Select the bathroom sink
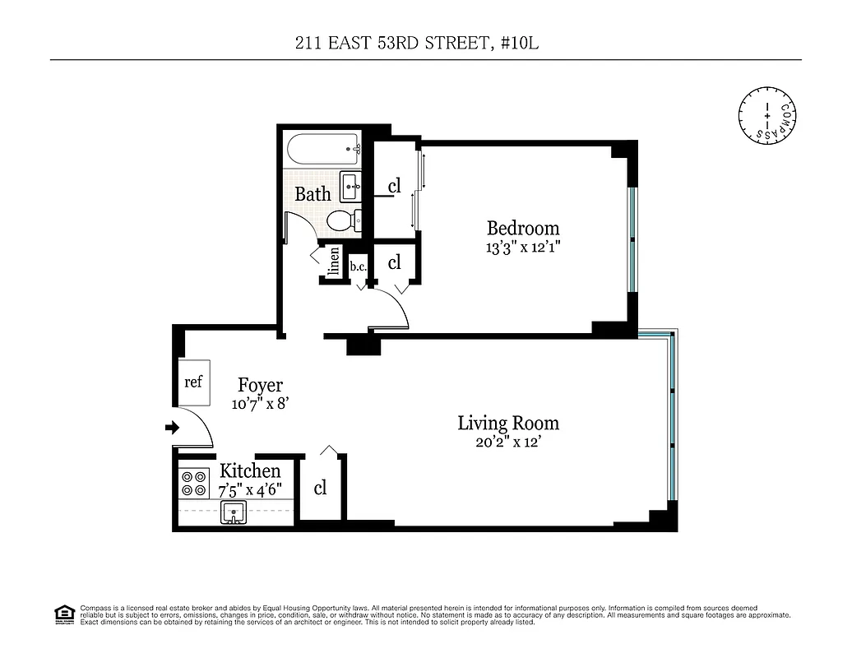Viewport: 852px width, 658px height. point(350,188)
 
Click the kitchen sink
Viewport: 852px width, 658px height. point(234,513)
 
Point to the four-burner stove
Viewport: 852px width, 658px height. point(194,483)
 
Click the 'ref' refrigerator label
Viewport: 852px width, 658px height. point(193,382)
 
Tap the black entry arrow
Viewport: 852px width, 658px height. point(172,428)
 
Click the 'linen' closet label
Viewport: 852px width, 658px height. point(333,264)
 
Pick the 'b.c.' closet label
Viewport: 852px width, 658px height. point(358,266)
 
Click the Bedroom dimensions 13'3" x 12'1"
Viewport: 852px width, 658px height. point(523,246)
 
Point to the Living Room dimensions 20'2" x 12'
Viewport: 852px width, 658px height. point(507,442)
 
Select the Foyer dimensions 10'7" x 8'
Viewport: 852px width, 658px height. point(260,403)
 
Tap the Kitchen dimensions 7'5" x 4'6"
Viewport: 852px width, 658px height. point(250,489)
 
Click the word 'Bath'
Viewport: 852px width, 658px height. point(313,194)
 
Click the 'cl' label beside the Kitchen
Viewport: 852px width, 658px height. point(320,488)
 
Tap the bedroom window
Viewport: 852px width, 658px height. point(632,239)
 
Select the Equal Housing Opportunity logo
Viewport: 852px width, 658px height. point(64,614)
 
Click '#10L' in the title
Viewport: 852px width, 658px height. point(517,43)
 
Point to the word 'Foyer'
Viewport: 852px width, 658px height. point(260,385)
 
